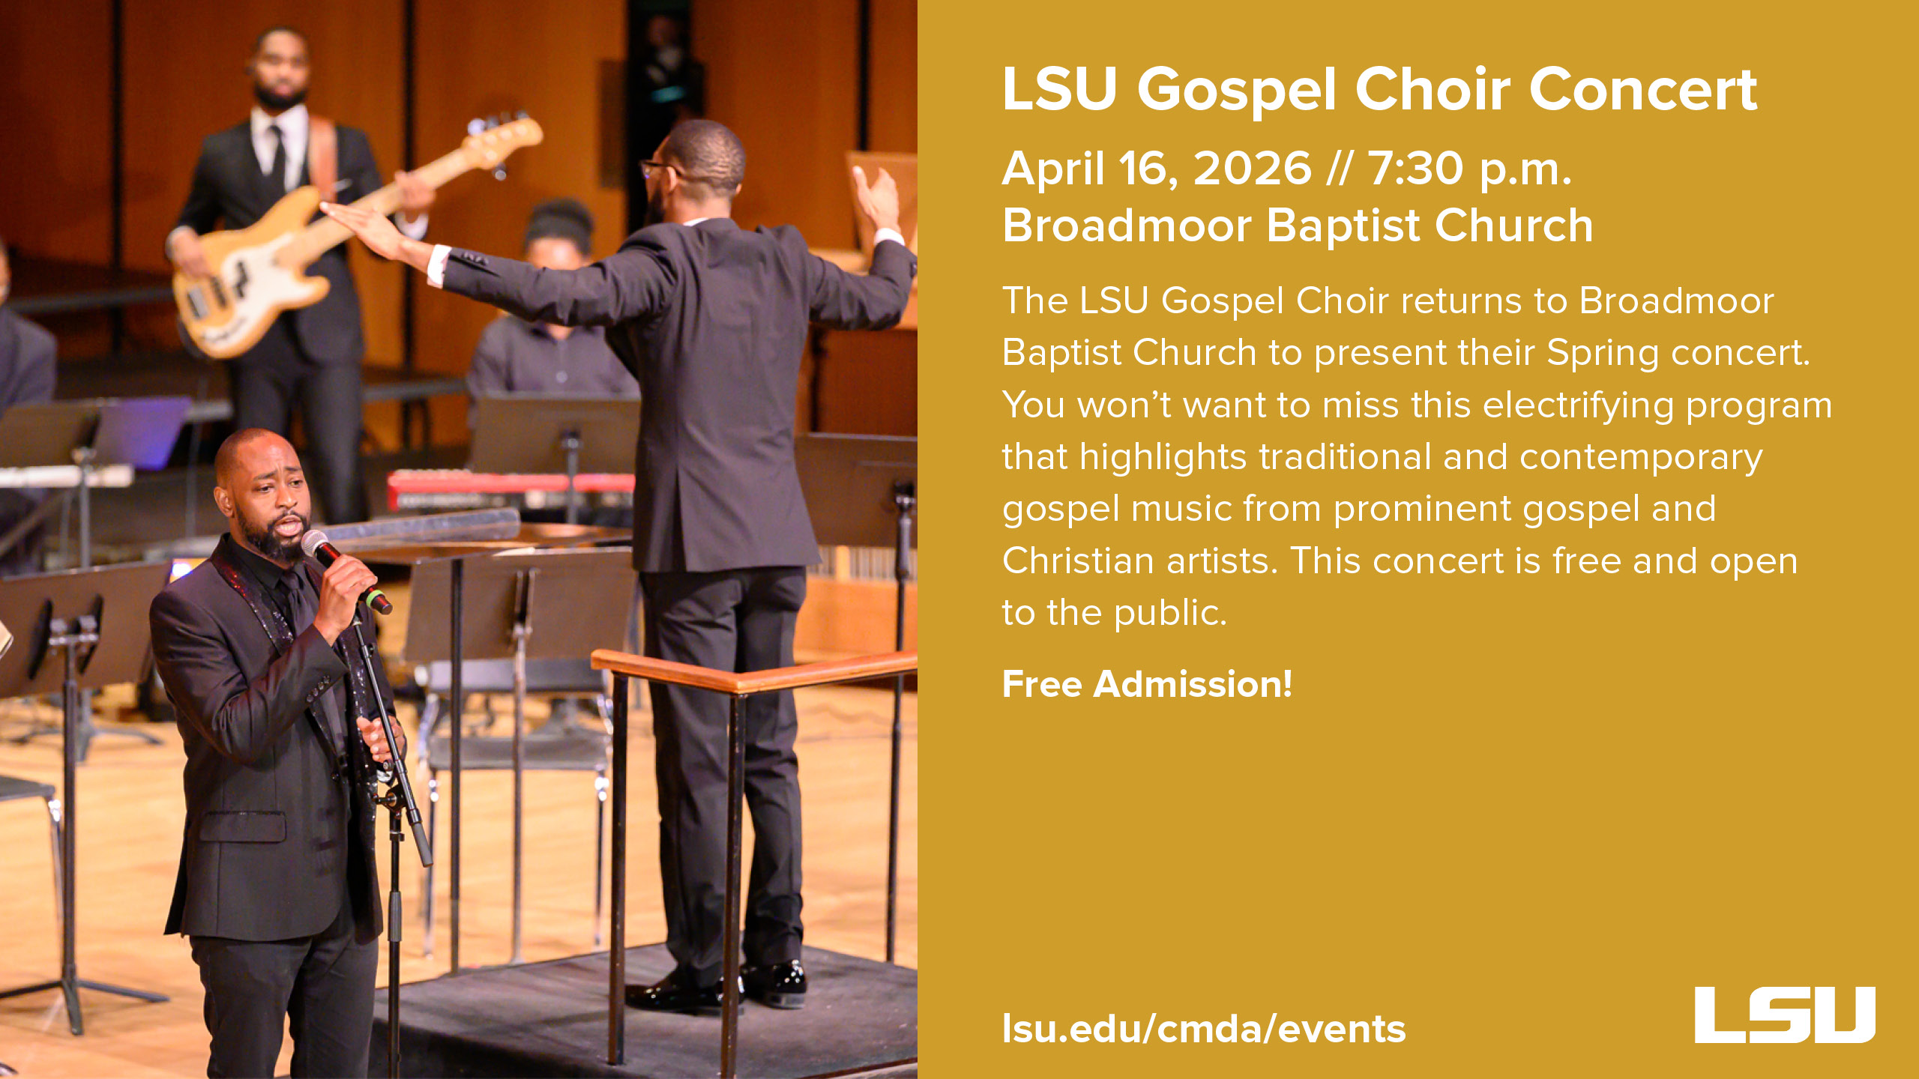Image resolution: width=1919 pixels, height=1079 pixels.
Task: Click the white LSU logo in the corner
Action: click(x=1784, y=1015)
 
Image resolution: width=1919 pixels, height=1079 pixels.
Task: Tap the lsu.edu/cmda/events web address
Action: click(x=1203, y=1029)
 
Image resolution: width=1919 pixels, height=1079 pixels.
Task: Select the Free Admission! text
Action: click(x=1147, y=684)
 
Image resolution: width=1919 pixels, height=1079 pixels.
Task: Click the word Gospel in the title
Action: click(x=1237, y=90)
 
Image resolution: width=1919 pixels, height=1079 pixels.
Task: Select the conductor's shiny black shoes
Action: click(x=720, y=989)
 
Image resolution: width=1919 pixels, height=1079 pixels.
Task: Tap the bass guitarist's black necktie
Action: click(x=277, y=157)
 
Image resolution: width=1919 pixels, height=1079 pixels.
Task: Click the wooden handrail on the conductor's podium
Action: click(x=750, y=674)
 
